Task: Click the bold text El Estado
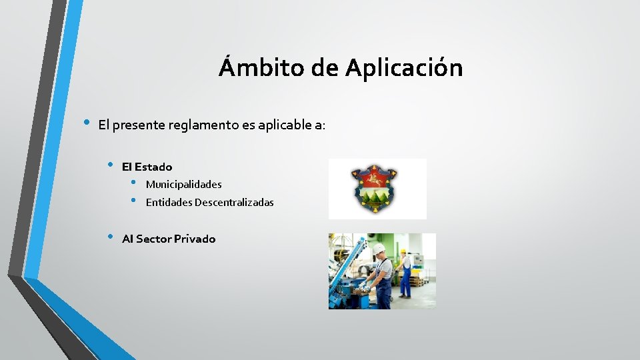pyautogui.click(x=147, y=167)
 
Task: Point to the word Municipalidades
pyautogui.click(x=183, y=184)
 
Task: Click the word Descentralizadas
pyautogui.click(x=234, y=202)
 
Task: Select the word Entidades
pyautogui.click(x=169, y=202)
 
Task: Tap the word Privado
pyautogui.click(x=195, y=239)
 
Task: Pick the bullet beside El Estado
pyautogui.click(x=111, y=165)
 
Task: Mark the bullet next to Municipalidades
pyautogui.click(x=134, y=183)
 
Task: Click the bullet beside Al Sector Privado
pyautogui.click(x=111, y=237)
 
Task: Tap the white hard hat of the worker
pyautogui.click(x=378, y=249)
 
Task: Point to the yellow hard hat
pyautogui.click(x=403, y=252)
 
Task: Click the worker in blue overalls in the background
pyautogui.click(x=405, y=273)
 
